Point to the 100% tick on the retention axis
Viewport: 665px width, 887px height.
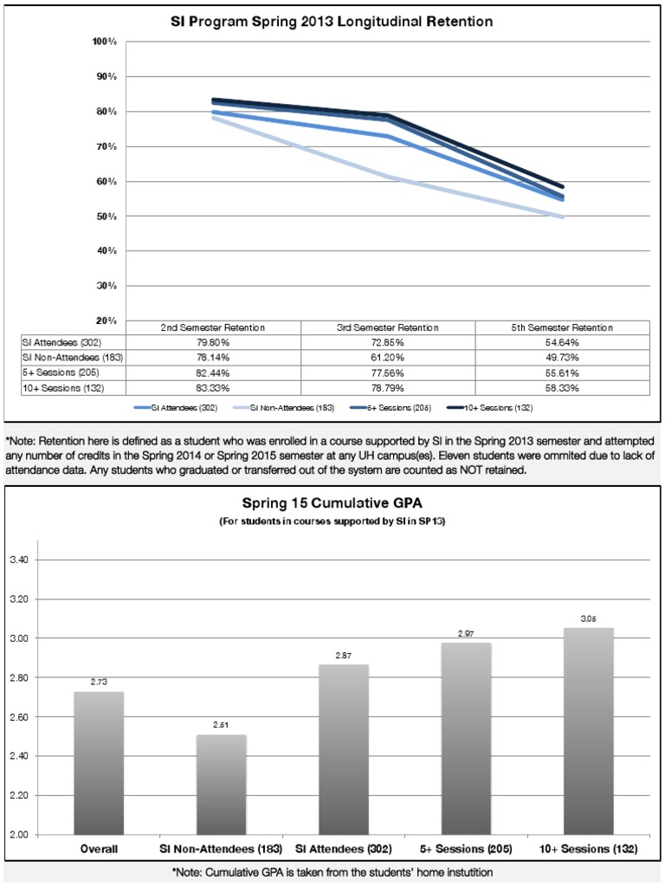(105, 42)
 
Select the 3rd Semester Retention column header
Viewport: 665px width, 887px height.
(388, 328)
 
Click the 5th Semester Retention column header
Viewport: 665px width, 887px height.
(562, 328)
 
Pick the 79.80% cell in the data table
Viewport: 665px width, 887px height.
(213, 343)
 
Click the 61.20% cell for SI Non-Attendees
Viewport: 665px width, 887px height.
(388, 358)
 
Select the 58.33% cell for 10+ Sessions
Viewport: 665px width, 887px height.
(562, 387)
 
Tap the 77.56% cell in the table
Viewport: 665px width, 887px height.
(388, 372)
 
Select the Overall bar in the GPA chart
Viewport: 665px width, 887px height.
(99, 762)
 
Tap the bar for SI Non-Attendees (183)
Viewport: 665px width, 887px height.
(221, 784)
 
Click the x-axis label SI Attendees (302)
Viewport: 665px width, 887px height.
(344, 849)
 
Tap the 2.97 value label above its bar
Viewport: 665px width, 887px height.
(466, 635)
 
